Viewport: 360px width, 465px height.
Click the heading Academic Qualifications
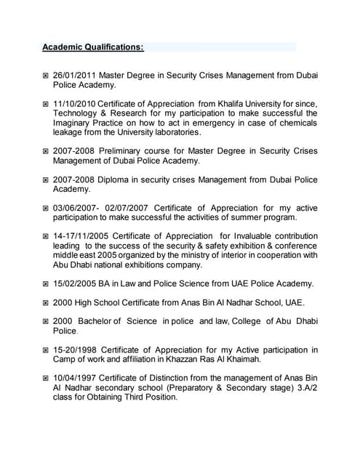click(x=92, y=47)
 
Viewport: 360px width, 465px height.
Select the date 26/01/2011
click(x=75, y=75)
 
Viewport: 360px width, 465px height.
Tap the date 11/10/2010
click(x=75, y=103)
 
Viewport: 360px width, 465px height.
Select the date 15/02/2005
click(x=75, y=283)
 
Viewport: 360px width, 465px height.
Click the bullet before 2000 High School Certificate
click(x=45, y=303)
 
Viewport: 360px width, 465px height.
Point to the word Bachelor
click(x=99, y=321)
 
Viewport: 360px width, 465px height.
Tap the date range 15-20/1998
click(x=77, y=349)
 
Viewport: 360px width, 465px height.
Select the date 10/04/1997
click(x=75, y=378)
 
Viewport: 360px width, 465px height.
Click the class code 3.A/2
click(x=302, y=387)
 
